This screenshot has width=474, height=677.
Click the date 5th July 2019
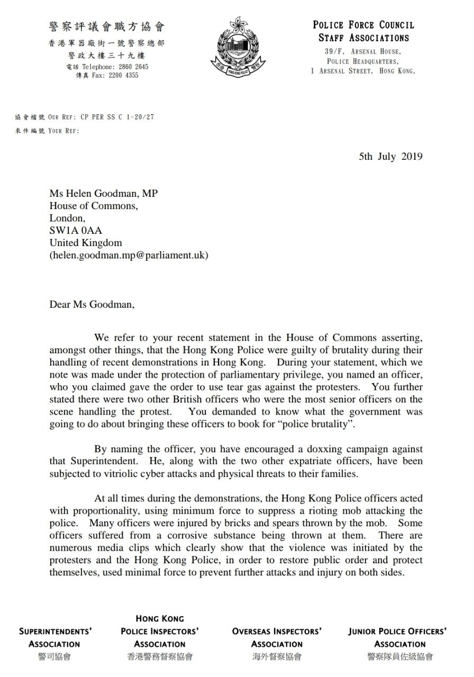coord(390,157)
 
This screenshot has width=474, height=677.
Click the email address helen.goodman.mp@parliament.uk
coord(129,255)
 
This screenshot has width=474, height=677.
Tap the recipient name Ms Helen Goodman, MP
coord(104,194)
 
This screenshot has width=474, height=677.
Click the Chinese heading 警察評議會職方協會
coord(106,26)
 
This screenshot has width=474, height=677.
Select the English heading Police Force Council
coord(363,25)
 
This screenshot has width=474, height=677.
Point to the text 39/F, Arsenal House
coord(362,51)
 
